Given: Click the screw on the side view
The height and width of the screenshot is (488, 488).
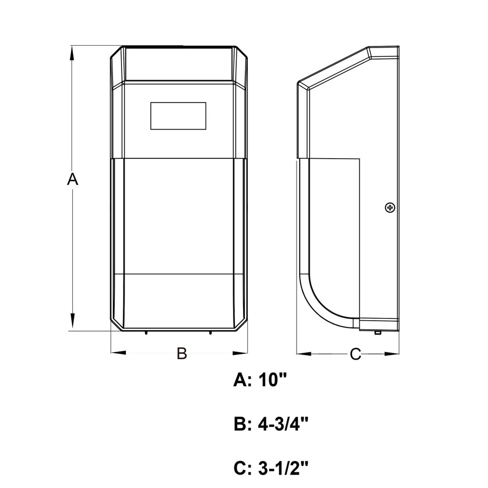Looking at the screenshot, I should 390,207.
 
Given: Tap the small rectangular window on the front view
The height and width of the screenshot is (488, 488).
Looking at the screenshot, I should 178,116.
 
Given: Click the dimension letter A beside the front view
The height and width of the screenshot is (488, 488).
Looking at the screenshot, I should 72,179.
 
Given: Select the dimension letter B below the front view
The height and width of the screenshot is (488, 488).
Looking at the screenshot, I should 182,354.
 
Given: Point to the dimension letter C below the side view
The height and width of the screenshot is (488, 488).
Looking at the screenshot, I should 355,354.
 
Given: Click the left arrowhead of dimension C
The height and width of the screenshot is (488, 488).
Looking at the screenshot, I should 304,354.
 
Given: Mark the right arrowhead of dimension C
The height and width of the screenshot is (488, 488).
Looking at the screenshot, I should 392,354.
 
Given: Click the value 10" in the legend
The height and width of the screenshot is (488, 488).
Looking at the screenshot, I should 274,381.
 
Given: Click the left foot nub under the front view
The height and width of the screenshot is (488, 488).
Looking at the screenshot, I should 146,332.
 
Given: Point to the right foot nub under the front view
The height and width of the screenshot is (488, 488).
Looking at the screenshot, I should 210,332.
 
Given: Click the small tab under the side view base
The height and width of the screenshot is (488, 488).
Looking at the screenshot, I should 377,333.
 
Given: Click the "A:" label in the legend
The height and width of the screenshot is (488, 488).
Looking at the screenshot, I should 243,381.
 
